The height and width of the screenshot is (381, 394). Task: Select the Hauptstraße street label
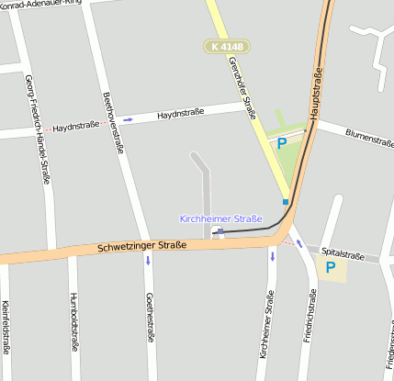[317, 95]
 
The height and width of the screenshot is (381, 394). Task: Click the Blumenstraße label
[369, 139]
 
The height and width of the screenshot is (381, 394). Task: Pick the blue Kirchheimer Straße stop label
[220, 219]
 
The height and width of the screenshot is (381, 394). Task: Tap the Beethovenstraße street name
[113, 119]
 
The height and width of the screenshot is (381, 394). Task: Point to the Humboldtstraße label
[73, 322]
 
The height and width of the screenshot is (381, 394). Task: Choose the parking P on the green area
[281, 142]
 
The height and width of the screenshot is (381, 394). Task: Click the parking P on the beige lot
[331, 268]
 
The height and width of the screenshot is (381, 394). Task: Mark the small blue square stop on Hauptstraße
[286, 202]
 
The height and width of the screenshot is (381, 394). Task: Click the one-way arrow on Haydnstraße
[128, 119]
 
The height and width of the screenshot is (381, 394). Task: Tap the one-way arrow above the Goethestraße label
[148, 259]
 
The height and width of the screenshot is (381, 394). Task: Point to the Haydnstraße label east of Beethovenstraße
[178, 116]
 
